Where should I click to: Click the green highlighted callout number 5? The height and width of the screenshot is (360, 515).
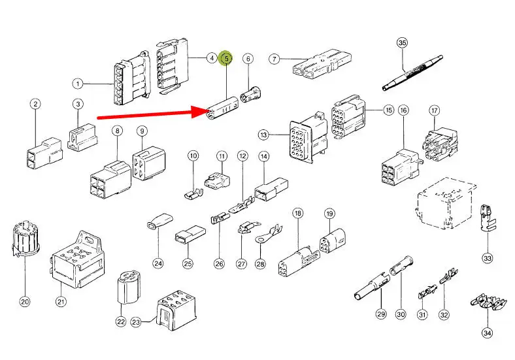pyautogui.click(x=226, y=59)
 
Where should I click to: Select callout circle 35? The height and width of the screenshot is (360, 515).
pyautogui.click(x=402, y=43)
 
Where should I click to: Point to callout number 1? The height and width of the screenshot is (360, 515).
pyautogui.click(x=78, y=83)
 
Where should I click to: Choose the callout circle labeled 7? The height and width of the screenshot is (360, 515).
pyautogui.click(x=274, y=59)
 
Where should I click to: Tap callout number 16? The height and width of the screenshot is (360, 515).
pyautogui.click(x=403, y=110)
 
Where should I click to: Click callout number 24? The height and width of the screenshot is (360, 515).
pyautogui.click(x=158, y=263)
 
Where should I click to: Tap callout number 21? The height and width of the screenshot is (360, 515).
pyautogui.click(x=61, y=301)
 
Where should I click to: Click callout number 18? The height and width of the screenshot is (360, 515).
pyautogui.click(x=298, y=214)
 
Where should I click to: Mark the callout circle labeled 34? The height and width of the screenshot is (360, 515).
pyautogui.click(x=487, y=333)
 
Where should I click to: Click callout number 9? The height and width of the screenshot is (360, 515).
pyautogui.click(x=142, y=131)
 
